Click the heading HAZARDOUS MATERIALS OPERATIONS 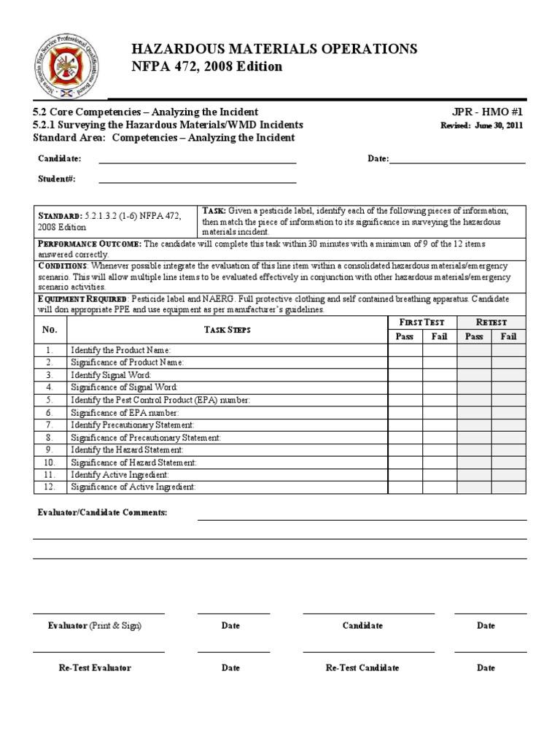pos(274,49)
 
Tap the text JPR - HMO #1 pos(488,112)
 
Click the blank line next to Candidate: pos(197,160)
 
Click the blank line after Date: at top pos(457,160)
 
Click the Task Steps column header pos(227,330)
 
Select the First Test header pos(422,322)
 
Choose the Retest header pos(491,322)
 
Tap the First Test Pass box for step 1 pos(405,351)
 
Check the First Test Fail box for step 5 pos(440,400)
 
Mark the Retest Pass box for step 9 pos(474,450)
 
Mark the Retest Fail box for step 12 pos(508,487)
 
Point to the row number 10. pos(50,462)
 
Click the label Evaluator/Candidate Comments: pos(102,513)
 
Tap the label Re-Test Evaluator pos(95,667)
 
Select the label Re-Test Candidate pos(362,667)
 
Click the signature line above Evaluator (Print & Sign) pos(98,614)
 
